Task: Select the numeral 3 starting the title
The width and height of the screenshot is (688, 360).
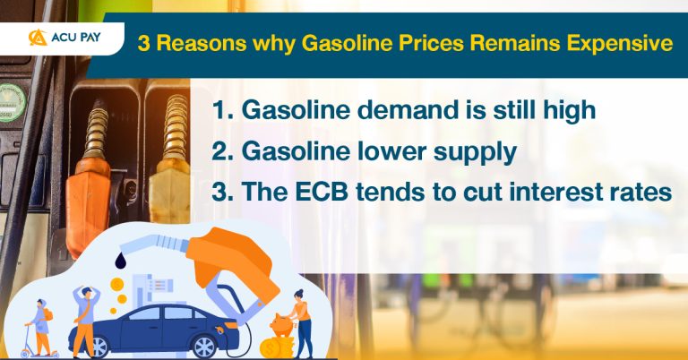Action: [142, 43]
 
